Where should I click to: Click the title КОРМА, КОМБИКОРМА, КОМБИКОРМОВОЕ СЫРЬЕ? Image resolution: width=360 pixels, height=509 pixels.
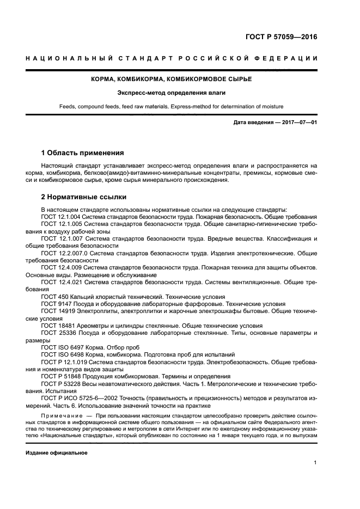tap(180, 79)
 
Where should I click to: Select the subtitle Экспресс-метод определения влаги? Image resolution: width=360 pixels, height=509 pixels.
tap(180, 93)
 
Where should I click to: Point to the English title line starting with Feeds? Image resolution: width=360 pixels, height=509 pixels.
tap(180, 106)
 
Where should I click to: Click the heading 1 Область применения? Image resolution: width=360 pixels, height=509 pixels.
tap(83, 152)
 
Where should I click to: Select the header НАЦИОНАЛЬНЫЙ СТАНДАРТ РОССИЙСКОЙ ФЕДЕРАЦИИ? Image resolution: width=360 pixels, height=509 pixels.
tap(180, 59)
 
